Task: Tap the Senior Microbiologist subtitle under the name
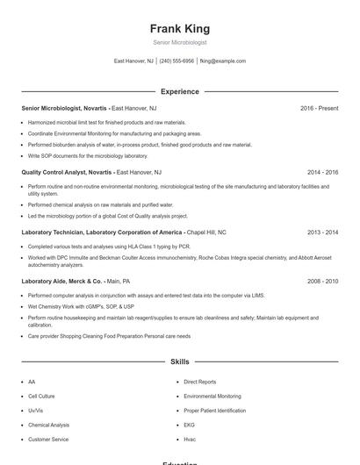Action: point(179,42)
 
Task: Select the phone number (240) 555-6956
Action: point(176,61)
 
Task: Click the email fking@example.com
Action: point(223,61)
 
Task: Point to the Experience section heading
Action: point(179,91)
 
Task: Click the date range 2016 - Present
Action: point(319,108)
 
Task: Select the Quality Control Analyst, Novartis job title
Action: point(67,172)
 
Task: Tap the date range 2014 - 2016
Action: point(322,172)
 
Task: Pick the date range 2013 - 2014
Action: point(322,232)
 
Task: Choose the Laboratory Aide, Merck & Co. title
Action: point(63,282)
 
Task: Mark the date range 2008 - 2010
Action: point(322,282)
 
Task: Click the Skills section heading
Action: point(179,361)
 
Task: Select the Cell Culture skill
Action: point(41,397)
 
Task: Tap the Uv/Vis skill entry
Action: point(35,411)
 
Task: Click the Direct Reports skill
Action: point(199,383)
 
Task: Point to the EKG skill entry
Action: point(189,425)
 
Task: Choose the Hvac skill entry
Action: point(190,439)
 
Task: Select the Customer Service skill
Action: point(48,439)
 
